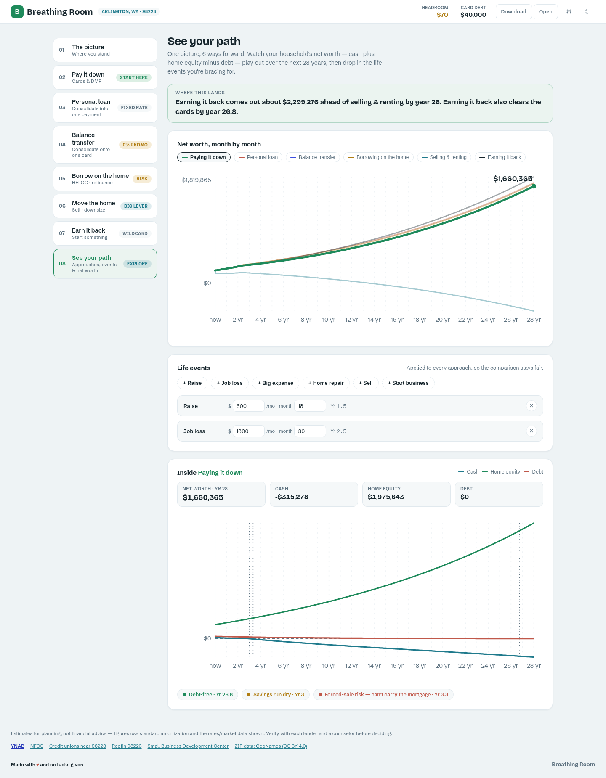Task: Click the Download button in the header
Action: [513, 12]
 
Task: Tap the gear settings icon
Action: [569, 12]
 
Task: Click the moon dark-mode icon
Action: [587, 12]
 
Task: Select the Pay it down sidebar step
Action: [105, 77]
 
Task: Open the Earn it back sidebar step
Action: [105, 233]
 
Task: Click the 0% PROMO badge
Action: [135, 145]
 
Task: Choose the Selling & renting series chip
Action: [444, 157]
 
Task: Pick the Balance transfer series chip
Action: [313, 157]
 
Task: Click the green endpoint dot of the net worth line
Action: [534, 186]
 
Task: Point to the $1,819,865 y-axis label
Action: [197, 180]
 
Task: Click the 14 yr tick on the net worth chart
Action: [374, 320]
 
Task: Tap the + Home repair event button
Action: [326, 383]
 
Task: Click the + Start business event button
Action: [408, 383]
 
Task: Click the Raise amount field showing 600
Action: [248, 406]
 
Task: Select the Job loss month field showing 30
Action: [310, 431]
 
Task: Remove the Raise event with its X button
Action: [532, 406]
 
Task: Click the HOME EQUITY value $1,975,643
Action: [386, 497]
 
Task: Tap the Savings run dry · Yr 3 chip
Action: [276, 694]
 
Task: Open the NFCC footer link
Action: [37, 746]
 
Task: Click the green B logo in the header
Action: [17, 12]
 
